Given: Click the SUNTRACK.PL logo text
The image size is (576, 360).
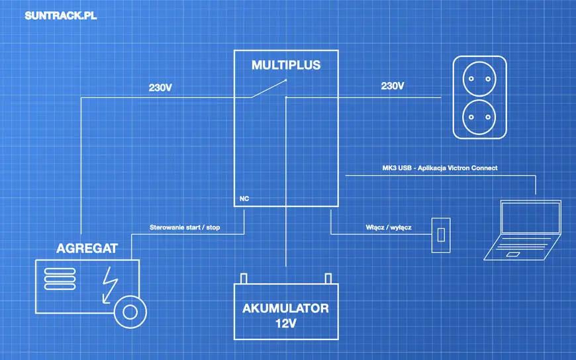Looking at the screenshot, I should [x=60, y=16].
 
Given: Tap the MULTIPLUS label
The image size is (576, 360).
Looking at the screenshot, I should [x=286, y=65].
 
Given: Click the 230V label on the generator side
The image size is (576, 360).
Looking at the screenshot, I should [x=162, y=87].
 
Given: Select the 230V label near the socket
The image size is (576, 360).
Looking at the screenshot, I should [x=393, y=86].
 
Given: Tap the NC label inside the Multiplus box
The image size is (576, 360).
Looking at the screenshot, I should [x=244, y=198].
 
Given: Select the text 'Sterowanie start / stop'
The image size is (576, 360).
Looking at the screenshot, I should [x=185, y=228].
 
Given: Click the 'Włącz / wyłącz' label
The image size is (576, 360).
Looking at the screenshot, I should [x=389, y=228].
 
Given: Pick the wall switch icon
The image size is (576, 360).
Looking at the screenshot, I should [x=440, y=234].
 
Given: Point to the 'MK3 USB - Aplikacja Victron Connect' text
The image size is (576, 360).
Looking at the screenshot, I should [x=440, y=168].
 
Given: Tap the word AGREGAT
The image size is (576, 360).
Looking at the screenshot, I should [x=87, y=249].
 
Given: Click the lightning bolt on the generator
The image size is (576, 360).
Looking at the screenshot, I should [x=109, y=285].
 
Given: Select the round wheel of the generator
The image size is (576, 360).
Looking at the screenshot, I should [x=130, y=311].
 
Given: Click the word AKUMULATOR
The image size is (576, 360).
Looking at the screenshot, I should [x=285, y=308].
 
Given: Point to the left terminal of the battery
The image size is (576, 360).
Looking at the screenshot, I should [x=244, y=277].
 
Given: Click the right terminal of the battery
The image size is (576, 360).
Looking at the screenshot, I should [x=327, y=277].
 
